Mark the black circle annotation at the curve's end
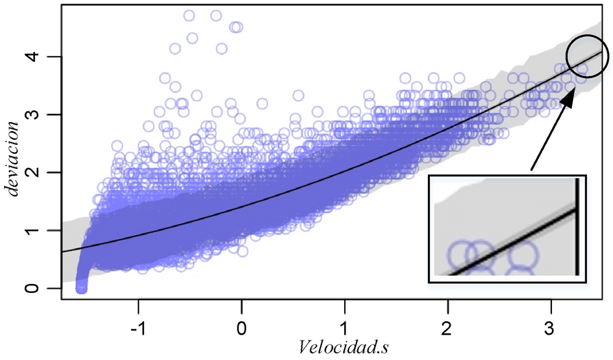click(x=587, y=56)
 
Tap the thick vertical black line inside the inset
click(x=577, y=227)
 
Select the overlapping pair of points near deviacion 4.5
click(x=236, y=27)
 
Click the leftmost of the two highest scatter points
click(x=190, y=15)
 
